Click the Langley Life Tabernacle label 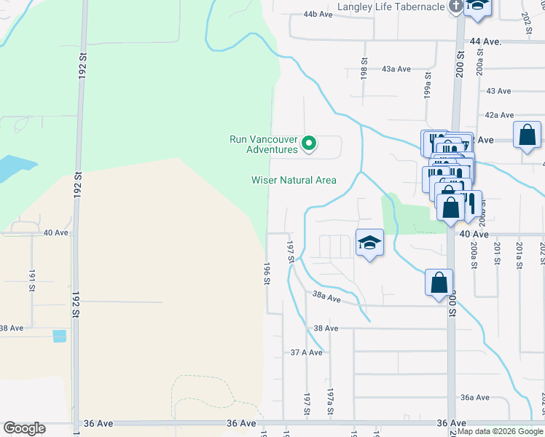coord(391,7)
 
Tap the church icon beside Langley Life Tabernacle coord(456,7)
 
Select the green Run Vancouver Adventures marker coord(309,143)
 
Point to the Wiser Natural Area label coord(294,180)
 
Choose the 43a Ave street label coord(396,69)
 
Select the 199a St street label coord(428,91)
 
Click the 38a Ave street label coord(326,297)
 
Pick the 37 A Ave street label coord(306,352)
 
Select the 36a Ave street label coord(474,398)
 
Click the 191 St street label coord(32,280)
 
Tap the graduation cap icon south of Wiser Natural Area coord(370,244)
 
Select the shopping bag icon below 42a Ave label coord(527,135)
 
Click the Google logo coord(24,428)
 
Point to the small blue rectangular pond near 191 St coord(59,336)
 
